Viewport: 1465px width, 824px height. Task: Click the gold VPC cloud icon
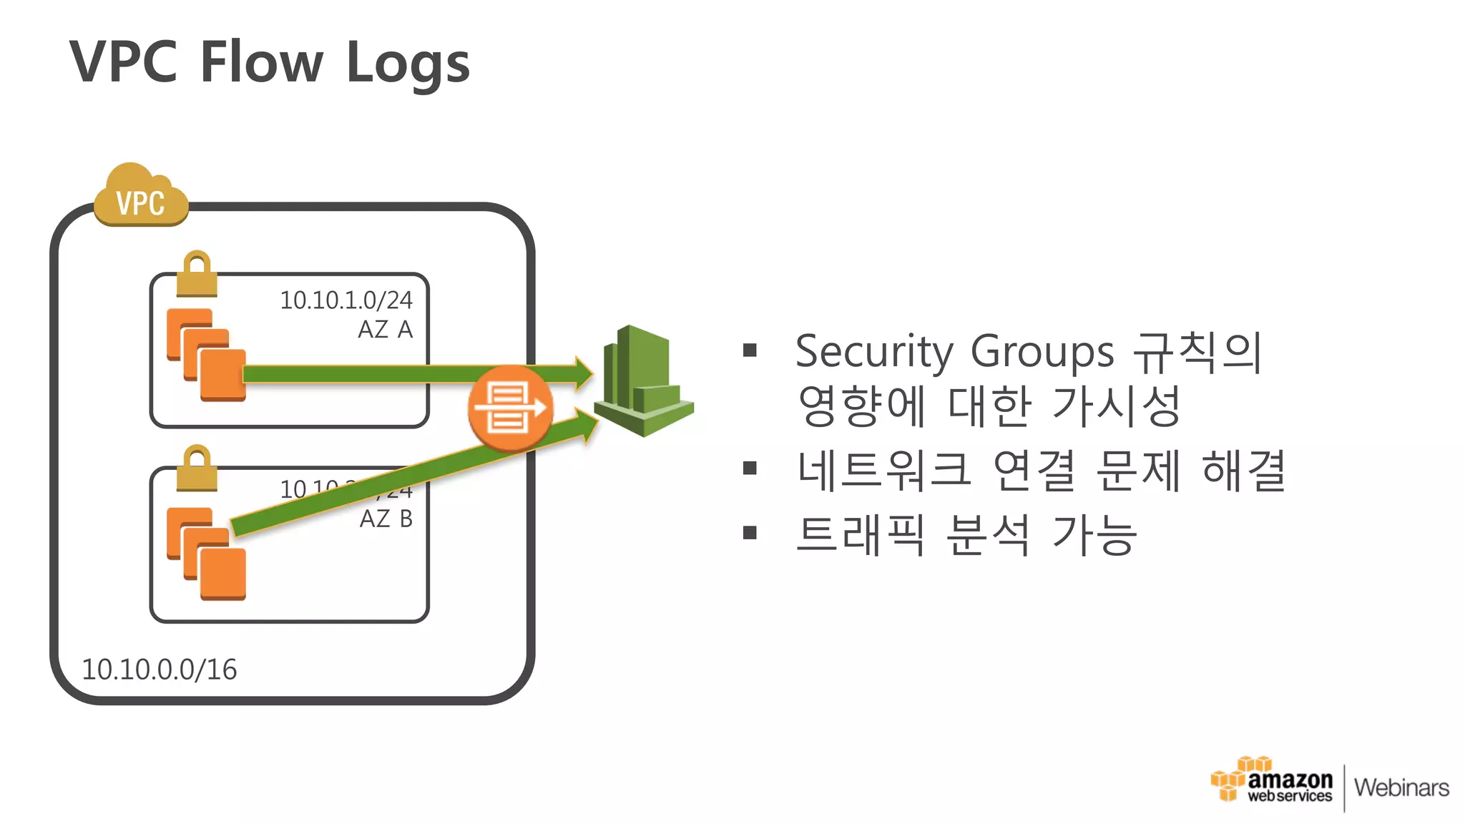click(141, 197)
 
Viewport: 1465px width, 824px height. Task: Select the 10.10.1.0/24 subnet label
click(346, 300)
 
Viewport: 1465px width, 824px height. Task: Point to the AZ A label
click(385, 330)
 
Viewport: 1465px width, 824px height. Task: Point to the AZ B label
click(386, 519)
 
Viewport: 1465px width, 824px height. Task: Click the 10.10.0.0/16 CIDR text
click(159, 669)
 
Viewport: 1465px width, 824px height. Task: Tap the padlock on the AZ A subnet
click(197, 275)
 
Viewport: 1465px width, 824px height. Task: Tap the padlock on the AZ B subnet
click(197, 469)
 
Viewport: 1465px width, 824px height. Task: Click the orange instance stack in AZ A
click(206, 355)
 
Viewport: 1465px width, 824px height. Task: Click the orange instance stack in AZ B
click(206, 554)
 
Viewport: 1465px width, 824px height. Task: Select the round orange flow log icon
click(510, 408)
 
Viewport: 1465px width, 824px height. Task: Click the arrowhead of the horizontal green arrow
click(583, 373)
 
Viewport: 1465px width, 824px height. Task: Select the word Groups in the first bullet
click(1042, 352)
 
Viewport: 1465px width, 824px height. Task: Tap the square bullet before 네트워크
click(750, 469)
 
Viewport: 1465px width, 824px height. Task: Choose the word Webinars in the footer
click(1401, 788)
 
